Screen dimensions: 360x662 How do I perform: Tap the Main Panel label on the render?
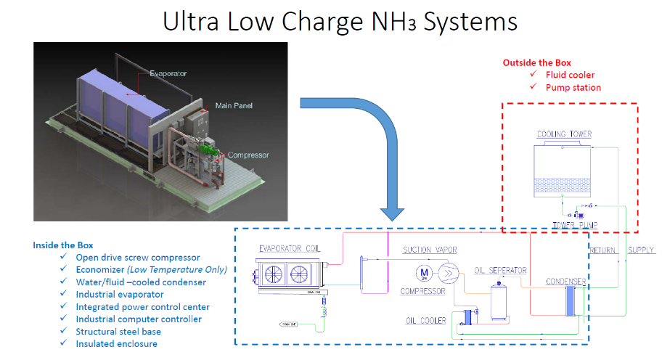pyautogui.click(x=235, y=106)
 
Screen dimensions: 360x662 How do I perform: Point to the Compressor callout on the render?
pyautogui.click(x=248, y=155)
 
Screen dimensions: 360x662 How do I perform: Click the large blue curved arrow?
pyautogui.click(x=377, y=145)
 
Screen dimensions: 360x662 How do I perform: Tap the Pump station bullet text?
pyautogui.click(x=573, y=87)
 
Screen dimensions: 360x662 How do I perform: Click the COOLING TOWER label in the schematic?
pyautogui.click(x=564, y=134)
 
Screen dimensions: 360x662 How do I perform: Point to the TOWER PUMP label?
pyautogui.click(x=576, y=225)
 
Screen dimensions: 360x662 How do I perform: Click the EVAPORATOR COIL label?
pyautogui.click(x=290, y=249)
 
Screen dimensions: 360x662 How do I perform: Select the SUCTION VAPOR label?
pyautogui.click(x=430, y=250)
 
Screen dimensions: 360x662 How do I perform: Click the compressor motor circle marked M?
pyautogui.click(x=423, y=273)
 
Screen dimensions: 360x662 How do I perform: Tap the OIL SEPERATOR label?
pyautogui.click(x=500, y=271)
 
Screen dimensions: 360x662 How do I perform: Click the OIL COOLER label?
pyautogui.click(x=425, y=320)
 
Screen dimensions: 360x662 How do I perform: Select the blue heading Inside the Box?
pyautogui.click(x=63, y=245)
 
